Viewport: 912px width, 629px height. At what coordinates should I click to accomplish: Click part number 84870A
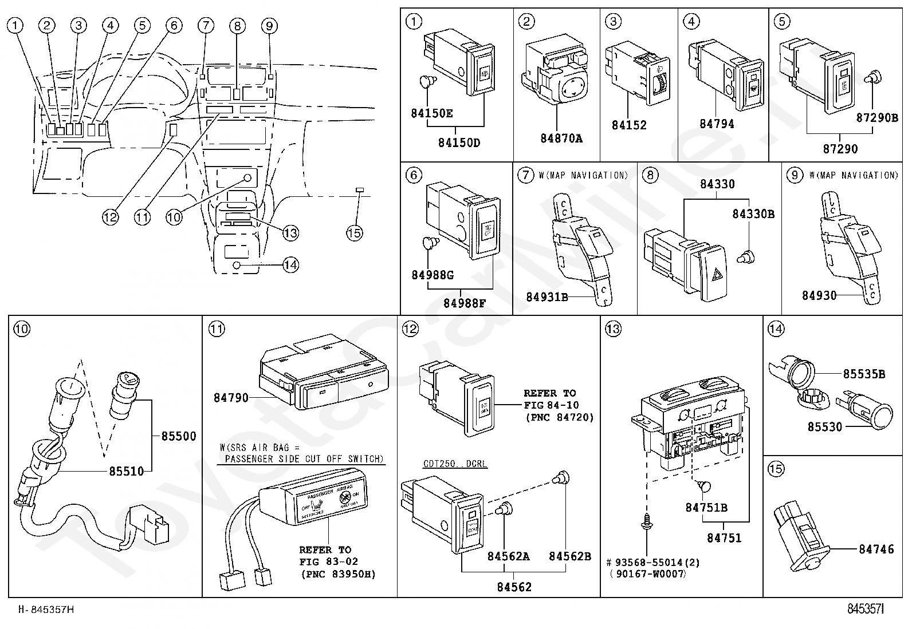(x=561, y=138)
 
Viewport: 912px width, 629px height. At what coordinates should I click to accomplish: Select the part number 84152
(x=628, y=125)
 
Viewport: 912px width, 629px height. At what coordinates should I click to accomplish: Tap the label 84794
(x=717, y=124)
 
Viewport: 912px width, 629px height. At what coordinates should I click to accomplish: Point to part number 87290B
(x=877, y=117)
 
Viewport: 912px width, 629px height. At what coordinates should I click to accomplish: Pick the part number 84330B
(x=753, y=213)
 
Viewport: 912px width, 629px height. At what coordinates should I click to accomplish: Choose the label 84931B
(x=547, y=296)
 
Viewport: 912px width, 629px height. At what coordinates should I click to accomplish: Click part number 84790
(x=231, y=397)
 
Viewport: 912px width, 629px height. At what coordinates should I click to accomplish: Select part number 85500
(x=178, y=436)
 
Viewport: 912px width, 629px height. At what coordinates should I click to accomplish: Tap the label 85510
(x=127, y=470)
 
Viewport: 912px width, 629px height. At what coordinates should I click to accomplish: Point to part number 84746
(x=876, y=549)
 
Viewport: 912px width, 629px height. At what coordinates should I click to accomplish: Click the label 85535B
(x=864, y=374)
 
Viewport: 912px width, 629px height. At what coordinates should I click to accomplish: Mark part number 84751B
(x=706, y=508)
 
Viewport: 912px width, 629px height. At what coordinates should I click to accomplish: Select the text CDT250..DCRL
(x=455, y=464)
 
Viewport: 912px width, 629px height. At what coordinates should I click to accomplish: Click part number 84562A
(x=509, y=556)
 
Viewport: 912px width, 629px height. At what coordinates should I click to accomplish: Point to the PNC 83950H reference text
(x=337, y=574)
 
